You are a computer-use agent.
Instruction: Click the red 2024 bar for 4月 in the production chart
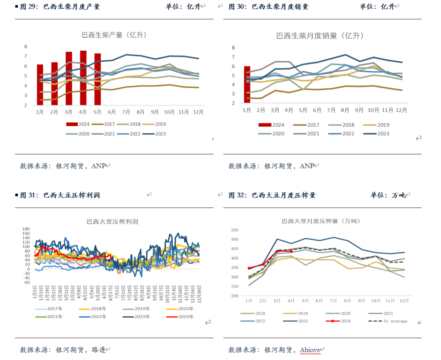click(x=83, y=78)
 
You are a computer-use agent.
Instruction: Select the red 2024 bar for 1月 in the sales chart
click(x=247, y=84)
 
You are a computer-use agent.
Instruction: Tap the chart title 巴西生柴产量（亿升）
click(x=114, y=35)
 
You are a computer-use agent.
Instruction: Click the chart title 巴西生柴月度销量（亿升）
click(x=320, y=36)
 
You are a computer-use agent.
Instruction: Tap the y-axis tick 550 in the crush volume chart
click(x=234, y=230)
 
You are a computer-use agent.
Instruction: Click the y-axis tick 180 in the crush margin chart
click(x=27, y=229)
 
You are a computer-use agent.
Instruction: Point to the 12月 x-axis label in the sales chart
click(x=401, y=110)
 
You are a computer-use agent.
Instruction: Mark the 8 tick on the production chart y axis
click(x=25, y=47)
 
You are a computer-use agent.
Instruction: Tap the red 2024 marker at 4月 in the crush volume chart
click(x=291, y=252)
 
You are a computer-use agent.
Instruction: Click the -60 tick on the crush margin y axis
click(x=27, y=282)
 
